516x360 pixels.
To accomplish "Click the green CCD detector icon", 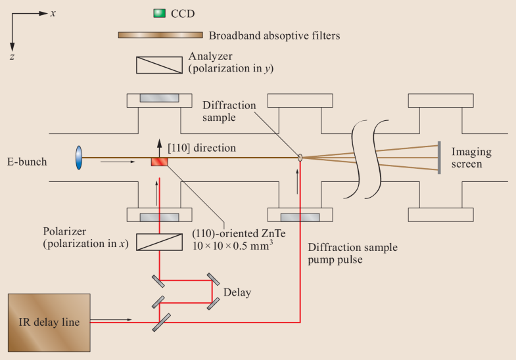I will pos(158,12).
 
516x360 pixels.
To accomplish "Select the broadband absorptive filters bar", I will pos(160,35).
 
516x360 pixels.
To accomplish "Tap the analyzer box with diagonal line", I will pos(159,64).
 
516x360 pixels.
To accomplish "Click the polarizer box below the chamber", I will pos(159,243).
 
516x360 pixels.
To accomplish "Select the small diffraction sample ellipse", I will pos(300,157).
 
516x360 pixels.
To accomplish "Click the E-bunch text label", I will pos(27,162).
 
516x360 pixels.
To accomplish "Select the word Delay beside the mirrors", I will pos(237,291).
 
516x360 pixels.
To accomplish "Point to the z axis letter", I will pos(12,58).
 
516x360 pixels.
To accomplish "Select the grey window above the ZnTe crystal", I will pos(159,97).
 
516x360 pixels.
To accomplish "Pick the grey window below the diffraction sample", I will pos(300,217).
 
